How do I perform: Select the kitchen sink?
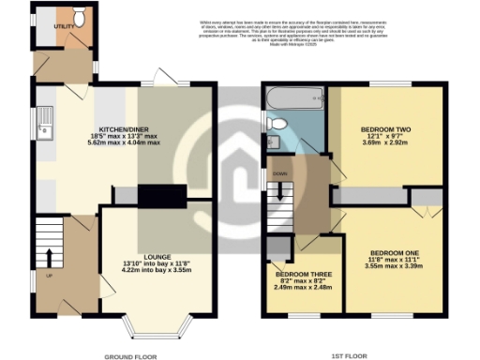pyautogui.click(x=43, y=118)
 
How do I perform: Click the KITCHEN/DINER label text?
pyautogui.click(x=133, y=130)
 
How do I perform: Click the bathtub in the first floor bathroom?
pyautogui.click(x=292, y=97)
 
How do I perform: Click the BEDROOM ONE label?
pyautogui.click(x=393, y=253)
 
